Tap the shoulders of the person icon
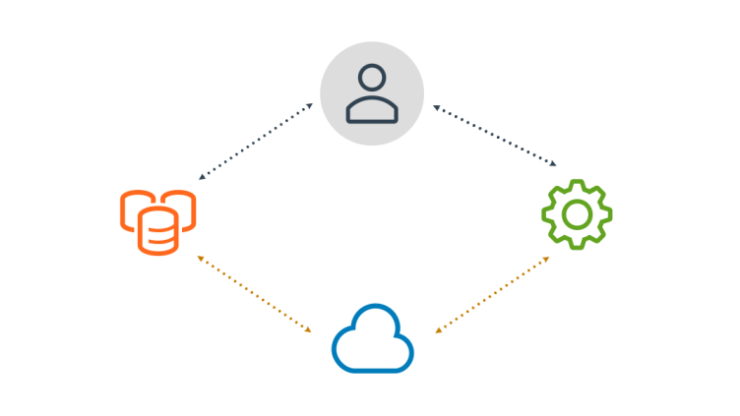372,109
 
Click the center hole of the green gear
577,212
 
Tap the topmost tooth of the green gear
577,184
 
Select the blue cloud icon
373,340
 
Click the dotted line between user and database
261,142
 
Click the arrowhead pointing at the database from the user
201,178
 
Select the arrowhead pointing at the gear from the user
556,164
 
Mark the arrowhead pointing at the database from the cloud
200,257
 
